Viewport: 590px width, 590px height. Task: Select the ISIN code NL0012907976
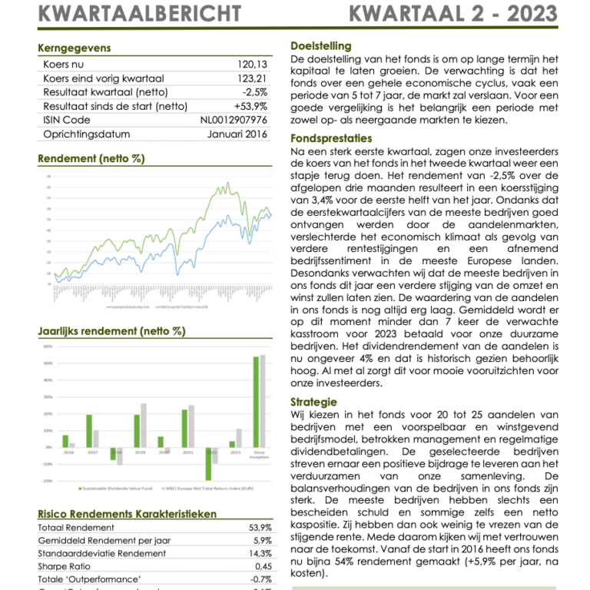[234, 120]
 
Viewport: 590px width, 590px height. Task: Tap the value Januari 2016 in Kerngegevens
[237, 134]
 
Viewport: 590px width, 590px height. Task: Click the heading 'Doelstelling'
[320, 46]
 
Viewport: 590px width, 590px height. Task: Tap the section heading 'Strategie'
[313, 402]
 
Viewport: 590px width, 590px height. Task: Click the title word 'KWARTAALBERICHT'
[138, 14]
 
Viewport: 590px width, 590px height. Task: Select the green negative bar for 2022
[208, 463]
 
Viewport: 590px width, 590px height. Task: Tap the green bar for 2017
[89, 431]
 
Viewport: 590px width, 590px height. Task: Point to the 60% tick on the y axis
[48, 346]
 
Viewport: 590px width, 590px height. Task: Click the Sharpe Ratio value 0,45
[262, 566]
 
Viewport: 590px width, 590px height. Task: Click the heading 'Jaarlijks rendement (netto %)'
[111, 331]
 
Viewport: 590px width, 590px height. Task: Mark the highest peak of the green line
[227, 183]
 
